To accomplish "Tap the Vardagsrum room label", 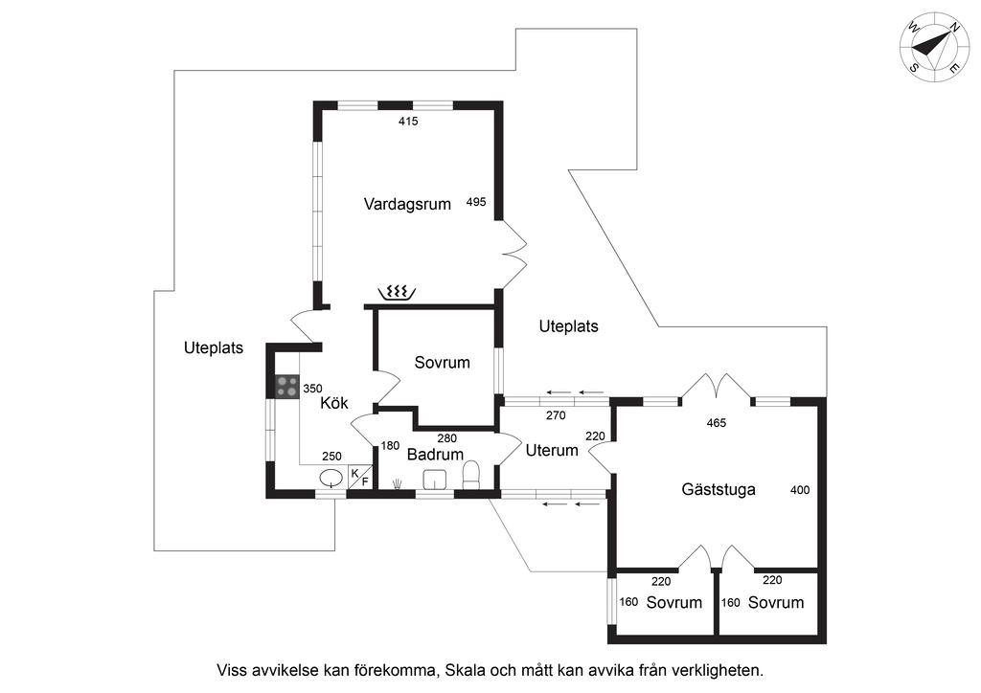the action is point(407,204).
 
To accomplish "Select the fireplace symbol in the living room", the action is point(396,292).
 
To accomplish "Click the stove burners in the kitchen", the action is point(286,387).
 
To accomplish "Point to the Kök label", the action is point(333,403).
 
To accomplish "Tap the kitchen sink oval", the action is point(331,478).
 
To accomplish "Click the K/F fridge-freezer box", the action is point(359,477).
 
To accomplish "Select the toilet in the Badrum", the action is point(470,476).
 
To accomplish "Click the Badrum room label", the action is point(435,455).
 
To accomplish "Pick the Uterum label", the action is point(552,450).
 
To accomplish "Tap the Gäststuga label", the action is point(719,489).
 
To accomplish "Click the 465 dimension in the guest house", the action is point(716,422).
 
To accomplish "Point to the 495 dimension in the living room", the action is point(476,202).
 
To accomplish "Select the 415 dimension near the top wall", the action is point(409,122).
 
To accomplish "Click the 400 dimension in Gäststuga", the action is point(800,490).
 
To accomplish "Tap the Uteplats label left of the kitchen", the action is point(214,348).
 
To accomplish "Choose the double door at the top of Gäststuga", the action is point(716,386).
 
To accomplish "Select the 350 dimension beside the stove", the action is point(312,389).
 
